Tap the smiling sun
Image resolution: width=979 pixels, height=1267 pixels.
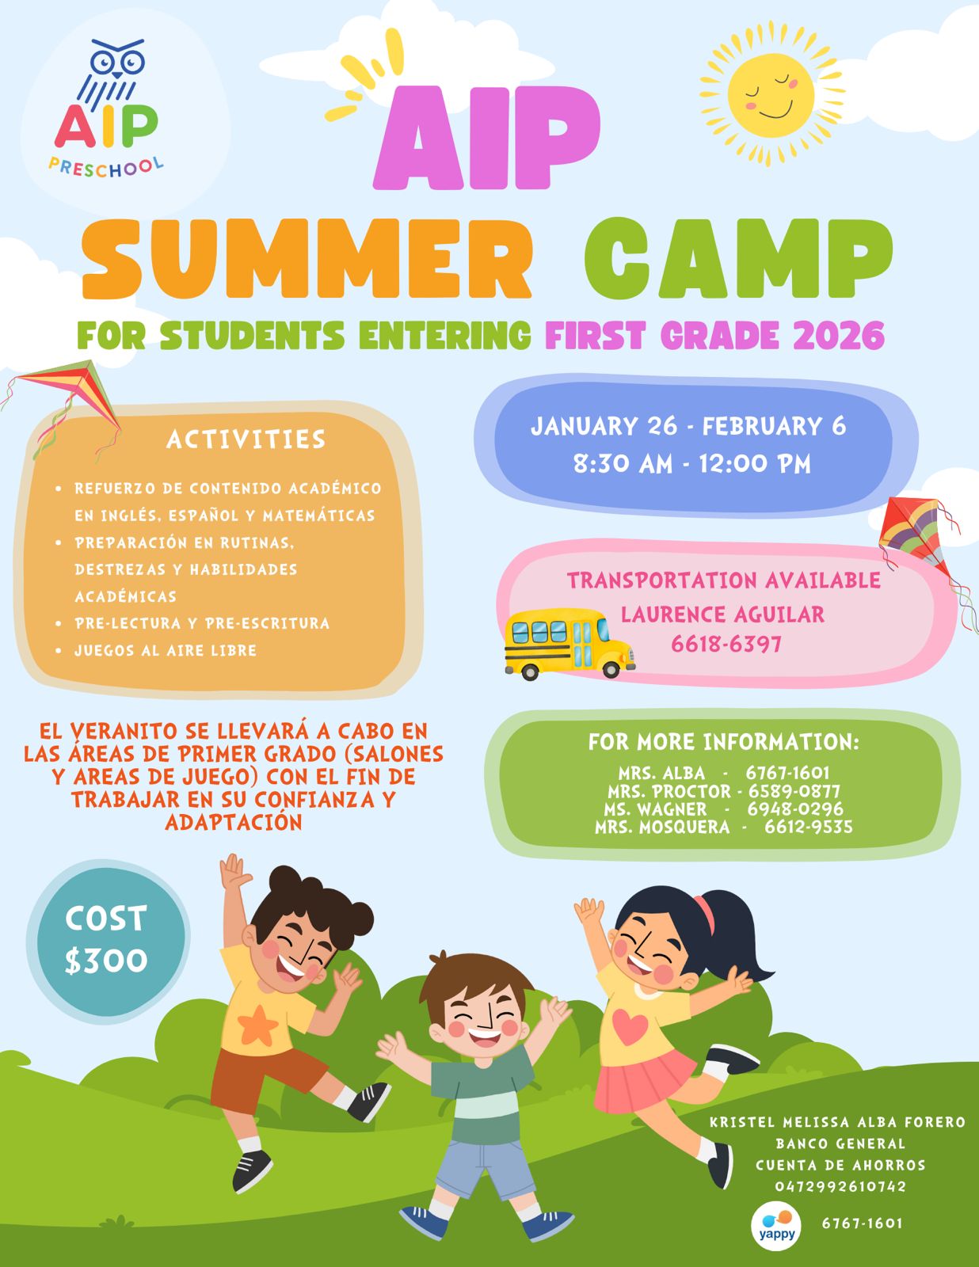[x=771, y=94]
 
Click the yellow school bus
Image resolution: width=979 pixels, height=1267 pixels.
[x=569, y=644]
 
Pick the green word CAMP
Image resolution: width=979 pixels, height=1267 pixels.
[x=738, y=258]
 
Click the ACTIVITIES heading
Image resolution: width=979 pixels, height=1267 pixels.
[x=246, y=439]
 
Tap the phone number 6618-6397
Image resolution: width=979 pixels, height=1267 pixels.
[x=726, y=645]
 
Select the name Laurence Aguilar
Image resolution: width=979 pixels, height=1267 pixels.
[x=722, y=614]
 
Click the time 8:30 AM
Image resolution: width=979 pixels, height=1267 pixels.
[x=623, y=464]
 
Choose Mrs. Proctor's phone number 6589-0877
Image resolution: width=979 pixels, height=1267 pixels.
[x=794, y=791]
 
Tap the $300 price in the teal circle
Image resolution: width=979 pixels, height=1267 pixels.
[x=106, y=961]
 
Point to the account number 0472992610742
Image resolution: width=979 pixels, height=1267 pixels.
[x=840, y=1186]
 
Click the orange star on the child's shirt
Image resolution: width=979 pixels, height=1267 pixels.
[x=257, y=1025]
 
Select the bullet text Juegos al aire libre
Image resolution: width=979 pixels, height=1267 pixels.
[x=166, y=650]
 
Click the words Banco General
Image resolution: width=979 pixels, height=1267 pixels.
[x=840, y=1143]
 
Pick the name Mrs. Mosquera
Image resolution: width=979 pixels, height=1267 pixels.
[x=662, y=827]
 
